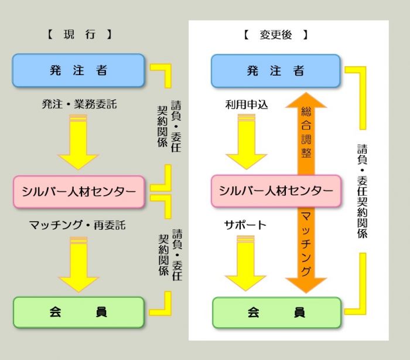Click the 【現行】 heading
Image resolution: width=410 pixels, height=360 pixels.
coord(79,34)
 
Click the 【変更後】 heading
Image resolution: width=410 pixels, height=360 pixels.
coord(275,34)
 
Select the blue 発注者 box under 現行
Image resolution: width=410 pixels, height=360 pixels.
coord(78,70)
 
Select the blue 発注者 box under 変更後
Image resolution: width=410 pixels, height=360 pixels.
coord(275,71)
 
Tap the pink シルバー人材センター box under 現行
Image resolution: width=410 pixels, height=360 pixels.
coord(78,192)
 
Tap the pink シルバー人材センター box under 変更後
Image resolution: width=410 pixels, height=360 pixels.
coord(275,191)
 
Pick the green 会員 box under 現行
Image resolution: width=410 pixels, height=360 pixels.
coord(78,312)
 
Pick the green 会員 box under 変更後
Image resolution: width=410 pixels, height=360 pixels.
coord(276,312)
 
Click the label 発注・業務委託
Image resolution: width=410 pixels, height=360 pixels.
coord(79,104)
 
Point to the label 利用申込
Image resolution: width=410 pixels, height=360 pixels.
coord(246,105)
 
